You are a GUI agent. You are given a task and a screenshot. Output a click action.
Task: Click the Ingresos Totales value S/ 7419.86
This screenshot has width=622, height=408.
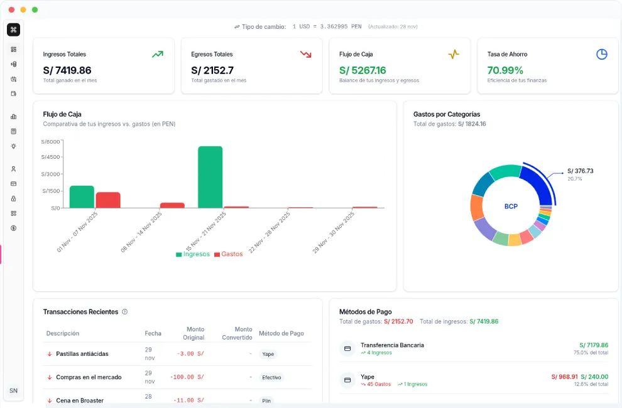click(x=67, y=70)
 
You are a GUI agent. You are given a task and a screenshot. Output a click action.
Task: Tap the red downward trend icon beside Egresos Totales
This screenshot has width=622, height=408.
click(x=306, y=55)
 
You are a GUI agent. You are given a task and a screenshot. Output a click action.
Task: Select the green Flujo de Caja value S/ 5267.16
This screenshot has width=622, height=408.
click(x=363, y=70)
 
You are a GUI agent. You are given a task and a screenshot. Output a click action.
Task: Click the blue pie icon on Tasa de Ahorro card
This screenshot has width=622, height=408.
click(x=601, y=55)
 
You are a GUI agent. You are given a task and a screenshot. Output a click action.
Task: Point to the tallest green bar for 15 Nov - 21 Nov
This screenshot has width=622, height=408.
click(x=210, y=176)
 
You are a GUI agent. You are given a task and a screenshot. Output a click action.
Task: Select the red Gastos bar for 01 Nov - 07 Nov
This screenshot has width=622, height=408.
click(x=108, y=200)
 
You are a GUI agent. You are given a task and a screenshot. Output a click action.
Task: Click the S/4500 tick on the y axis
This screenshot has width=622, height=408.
click(x=50, y=157)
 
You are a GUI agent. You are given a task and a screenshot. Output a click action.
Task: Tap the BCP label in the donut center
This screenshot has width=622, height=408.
click(x=511, y=207)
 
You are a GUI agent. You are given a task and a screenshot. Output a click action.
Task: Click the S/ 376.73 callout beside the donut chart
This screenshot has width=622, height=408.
click(x=580, y=171)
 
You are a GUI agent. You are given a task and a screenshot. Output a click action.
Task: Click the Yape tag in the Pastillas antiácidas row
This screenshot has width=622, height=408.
click(x=268, y=354)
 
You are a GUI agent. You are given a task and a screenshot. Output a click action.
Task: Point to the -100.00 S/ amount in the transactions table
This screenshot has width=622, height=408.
click(x=187, y=377)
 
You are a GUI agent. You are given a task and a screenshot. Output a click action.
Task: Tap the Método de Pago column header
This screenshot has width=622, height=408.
click(x=281, y=333)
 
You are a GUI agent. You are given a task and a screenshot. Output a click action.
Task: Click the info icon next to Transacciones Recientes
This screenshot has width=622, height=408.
click(x=124, y=312)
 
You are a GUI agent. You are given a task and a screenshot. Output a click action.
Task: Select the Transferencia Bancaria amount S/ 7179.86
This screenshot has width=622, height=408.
click(x=593, y=345)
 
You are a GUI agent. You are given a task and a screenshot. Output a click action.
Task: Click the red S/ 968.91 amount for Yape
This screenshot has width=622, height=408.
click(x=564, y=377)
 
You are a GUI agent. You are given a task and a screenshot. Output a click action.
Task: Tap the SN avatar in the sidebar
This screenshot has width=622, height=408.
click(x=13, y=390)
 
